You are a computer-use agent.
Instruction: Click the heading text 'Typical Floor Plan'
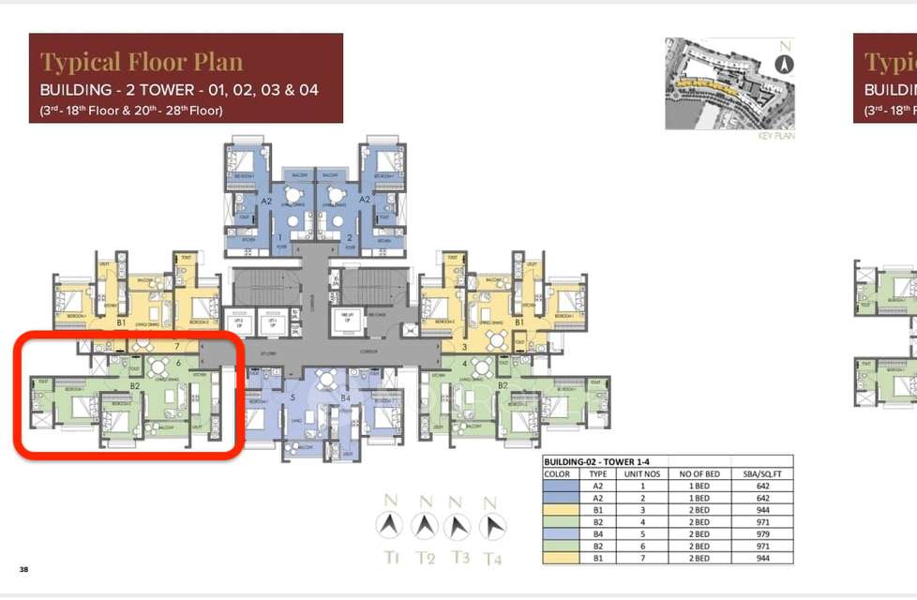(142, 63)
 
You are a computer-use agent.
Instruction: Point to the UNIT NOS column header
(643, 474)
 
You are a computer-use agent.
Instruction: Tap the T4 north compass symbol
(489, 526)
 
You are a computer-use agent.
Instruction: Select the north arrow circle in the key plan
(785, 64)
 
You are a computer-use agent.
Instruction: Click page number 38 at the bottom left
(23, 569)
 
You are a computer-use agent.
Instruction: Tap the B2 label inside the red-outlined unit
(135, 385)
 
